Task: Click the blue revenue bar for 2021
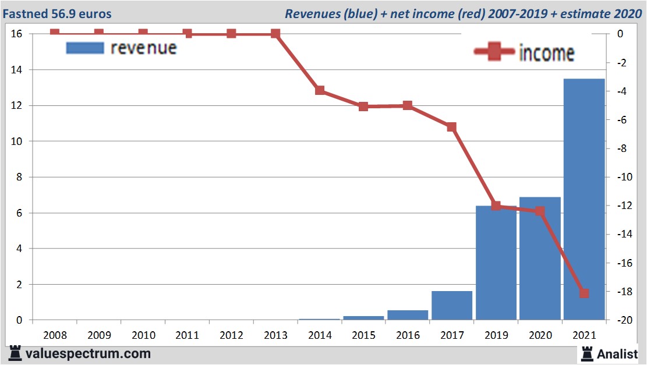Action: click(x=584, y=198)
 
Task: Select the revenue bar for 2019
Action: click(x=496, y=262)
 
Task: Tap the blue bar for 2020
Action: click(x=540, y=259)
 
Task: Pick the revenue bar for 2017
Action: click(x=452, y=305)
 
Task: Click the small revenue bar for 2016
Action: click(x=408, y=314)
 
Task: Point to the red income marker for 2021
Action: click(x=584, y=293)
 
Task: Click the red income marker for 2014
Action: click(x=320, y=90)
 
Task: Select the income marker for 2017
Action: click(x=451, y=126)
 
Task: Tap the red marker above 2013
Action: click(x=275, y=34)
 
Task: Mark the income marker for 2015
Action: click(x=363, y=107)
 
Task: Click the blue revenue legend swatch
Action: click(x=85, y=48)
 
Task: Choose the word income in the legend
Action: click(x=546, y=53)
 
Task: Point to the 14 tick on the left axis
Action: click(x=17, y=70)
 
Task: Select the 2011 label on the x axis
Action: click(x=188, y=335)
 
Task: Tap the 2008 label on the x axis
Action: click(x=55, y=335)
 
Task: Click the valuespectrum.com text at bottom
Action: click(x=88, y=353)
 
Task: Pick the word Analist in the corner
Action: click(x=617, y=353)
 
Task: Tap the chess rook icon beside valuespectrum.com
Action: click(x=16, y=353)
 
